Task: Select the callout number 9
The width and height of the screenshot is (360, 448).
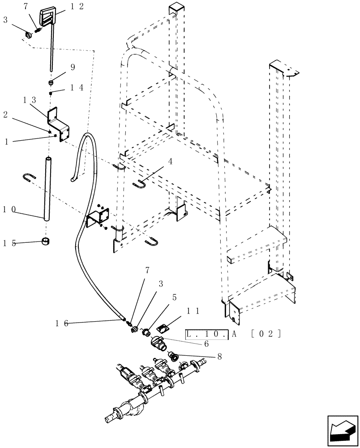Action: [x=72, y=68]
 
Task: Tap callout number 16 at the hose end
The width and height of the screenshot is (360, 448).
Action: [x=62, y=322]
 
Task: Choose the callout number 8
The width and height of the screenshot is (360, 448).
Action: [x=219, y=357]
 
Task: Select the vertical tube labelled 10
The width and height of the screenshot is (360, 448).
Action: [x=47, y=188]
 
